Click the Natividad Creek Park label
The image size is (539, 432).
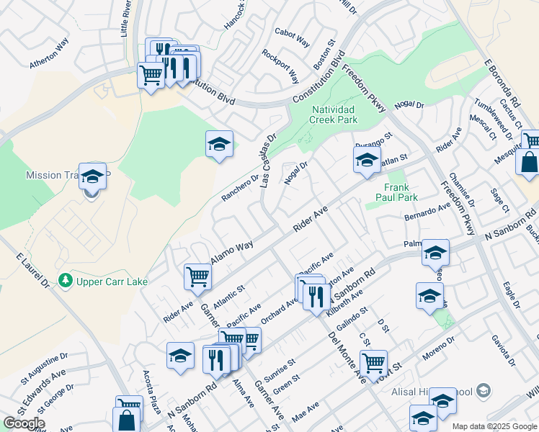pos(333,115)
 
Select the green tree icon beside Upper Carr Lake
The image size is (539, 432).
pos(66,279)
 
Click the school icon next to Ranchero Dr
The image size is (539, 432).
pos(219,144)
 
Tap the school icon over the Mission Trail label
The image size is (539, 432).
pos(92,176)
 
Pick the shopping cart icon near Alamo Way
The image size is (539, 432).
pos(197,275)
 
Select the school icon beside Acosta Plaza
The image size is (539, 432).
pos(180,355)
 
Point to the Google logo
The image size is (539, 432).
pos(24,423)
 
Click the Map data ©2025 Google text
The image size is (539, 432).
pos(494,426)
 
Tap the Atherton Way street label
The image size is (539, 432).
pos(49,53)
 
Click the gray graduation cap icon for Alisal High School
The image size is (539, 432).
pos(484,390)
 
